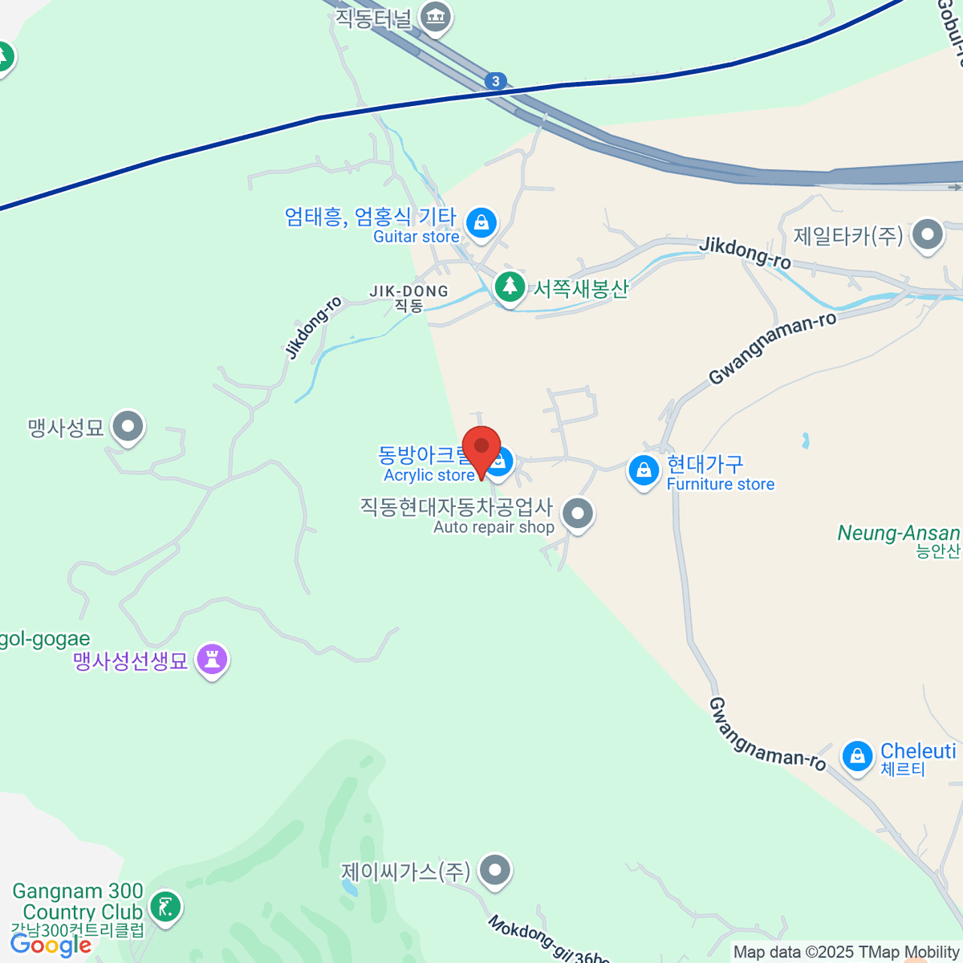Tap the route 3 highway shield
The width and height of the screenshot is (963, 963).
click(496, 81)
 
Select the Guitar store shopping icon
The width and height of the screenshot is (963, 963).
click(481, 222)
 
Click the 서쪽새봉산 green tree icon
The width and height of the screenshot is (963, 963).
click(509, 286)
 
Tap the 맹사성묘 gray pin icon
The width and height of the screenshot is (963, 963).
click(128, 426)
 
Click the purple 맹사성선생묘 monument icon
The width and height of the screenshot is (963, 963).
click(212, 660)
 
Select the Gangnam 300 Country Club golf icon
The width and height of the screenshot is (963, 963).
click(166, 908)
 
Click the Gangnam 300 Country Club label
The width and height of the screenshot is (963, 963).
click(79, 902)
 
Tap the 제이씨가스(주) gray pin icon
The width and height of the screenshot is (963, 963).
click(494, 869)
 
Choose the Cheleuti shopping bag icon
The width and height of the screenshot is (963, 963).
click(857, 756)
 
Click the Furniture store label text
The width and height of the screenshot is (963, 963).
click(721, 484)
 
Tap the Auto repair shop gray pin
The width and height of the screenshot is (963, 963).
click(577, 513)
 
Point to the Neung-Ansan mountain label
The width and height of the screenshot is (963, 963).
click(899, 534)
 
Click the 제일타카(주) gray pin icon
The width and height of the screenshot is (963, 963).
click(928, 235)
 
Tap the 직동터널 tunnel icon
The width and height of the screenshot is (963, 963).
click(436, 15)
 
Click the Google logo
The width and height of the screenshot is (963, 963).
click(51, 945)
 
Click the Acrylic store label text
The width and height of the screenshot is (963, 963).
click(429, 475)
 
